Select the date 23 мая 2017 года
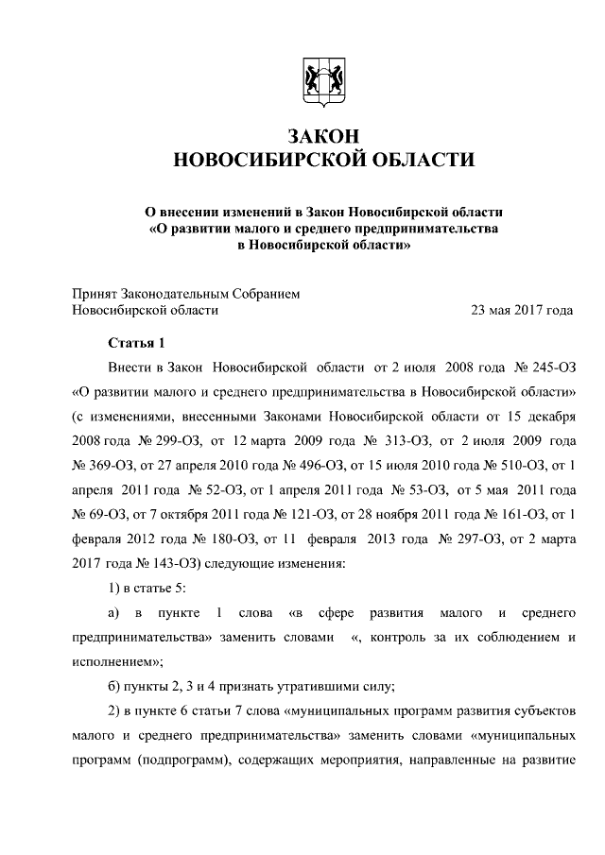click(522, 309)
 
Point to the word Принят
click(95, 294)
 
